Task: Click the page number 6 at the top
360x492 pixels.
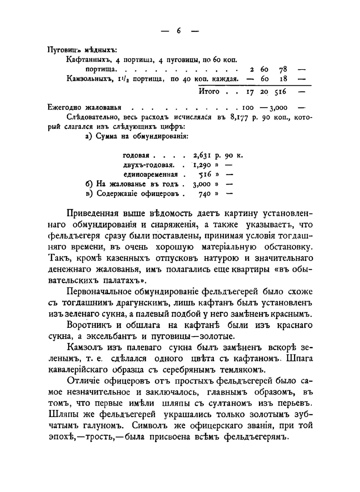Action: click(x=179, y=31)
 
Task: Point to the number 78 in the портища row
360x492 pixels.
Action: click(x=283, y=69)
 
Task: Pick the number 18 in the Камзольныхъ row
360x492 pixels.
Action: click(x=283, y=79)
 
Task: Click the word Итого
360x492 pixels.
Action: click(x=209, y=91)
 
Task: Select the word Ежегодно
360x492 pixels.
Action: click(x=63, y=108)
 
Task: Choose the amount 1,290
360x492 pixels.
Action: click(x=202, y=165)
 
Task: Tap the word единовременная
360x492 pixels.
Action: click(x=150, y=175)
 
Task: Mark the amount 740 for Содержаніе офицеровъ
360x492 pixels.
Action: click(x=205, y=194)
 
